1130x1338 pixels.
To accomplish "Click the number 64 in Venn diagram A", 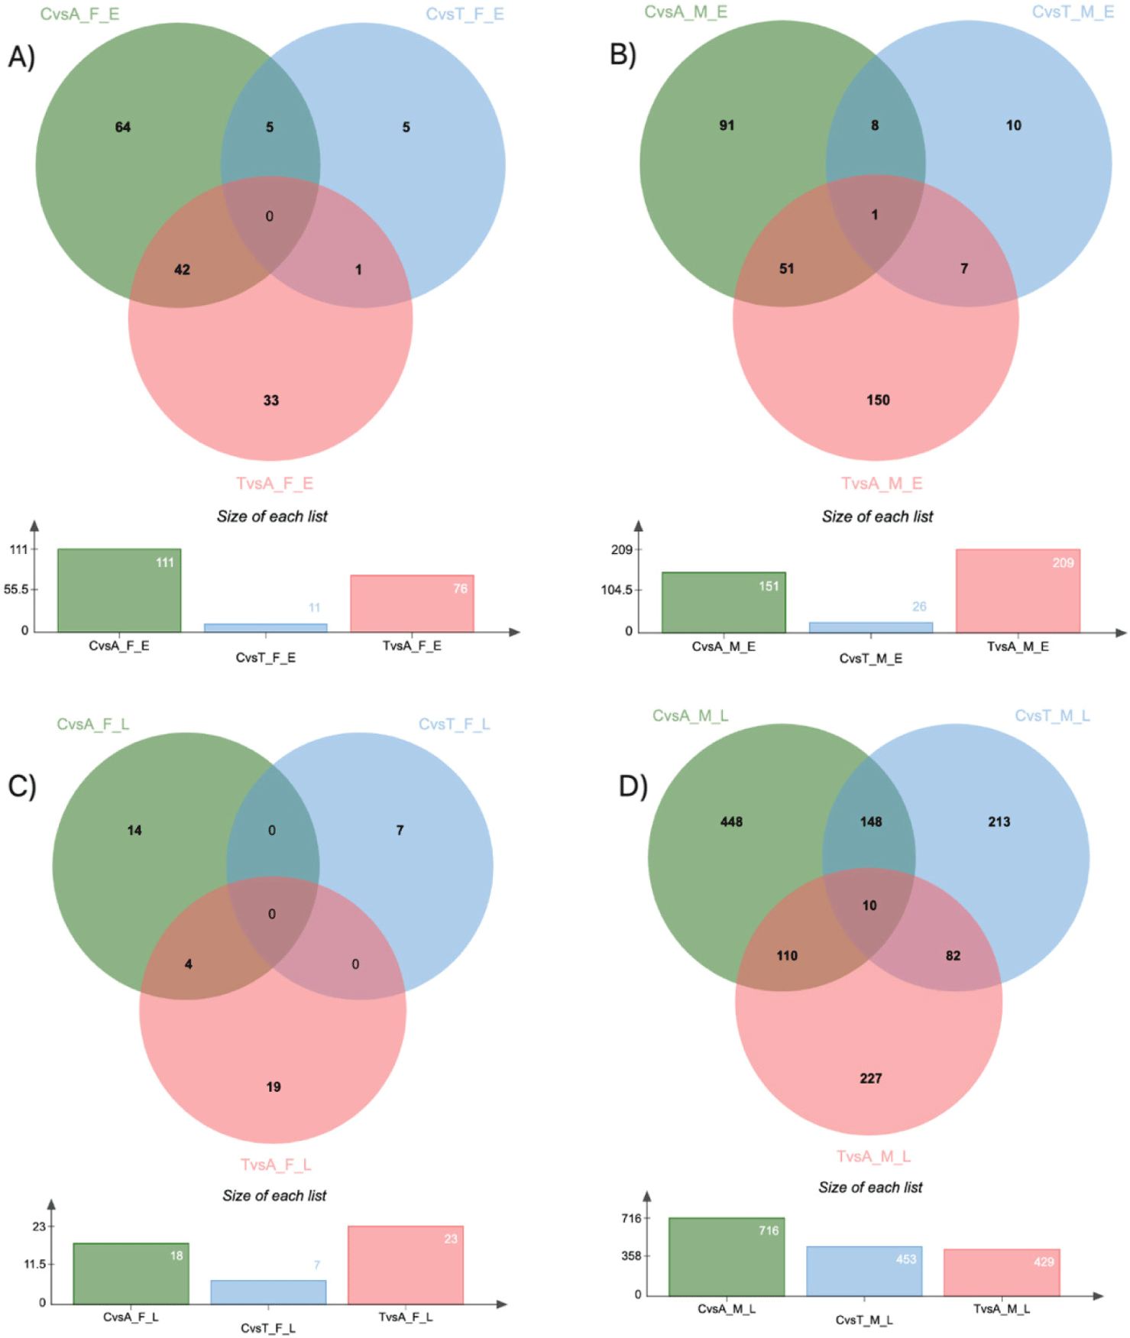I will click(x=123, y=127).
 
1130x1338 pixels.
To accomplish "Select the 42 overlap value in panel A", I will click(x=182, y=270).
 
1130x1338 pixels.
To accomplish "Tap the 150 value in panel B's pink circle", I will click(x=878, y=400).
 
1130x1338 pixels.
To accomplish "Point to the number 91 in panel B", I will click(x=727, y=125).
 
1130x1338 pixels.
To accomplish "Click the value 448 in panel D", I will click(x=731, y=821).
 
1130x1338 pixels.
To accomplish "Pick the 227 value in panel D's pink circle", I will click(x=870, y=1078).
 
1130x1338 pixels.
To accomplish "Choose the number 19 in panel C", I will click(x=274, y=1087).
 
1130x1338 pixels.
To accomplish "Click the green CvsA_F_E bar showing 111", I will click(x=119, y=590).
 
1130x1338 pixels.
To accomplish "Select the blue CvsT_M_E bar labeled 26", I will click(x=870, y=627).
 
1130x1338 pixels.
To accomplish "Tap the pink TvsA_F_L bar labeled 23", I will click(x=406, y=1265).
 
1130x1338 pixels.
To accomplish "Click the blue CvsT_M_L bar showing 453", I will click(x=864, y=1272).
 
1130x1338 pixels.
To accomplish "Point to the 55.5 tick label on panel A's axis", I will click(x=17, y=589).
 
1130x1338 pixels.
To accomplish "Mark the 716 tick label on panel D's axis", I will click(x=631, y=1218).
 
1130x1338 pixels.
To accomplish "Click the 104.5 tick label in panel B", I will click(x=617, y=590).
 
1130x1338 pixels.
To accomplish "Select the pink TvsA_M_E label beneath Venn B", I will click(x=882, y=484).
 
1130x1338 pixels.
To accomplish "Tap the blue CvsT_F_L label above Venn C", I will click(x=454, y=724).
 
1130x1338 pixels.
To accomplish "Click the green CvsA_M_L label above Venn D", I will click(x=690, y=716).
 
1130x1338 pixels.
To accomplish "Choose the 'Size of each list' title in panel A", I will click(x=272, y=517).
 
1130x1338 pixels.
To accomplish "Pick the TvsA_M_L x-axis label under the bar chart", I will click(x=1001, y=1309).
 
